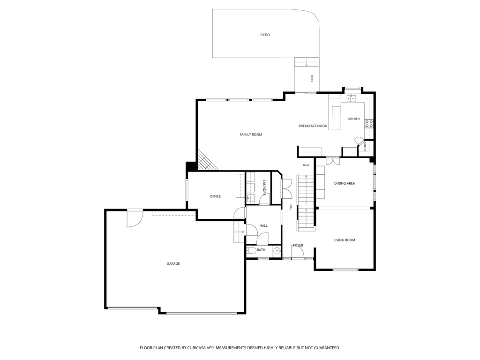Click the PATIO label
point(265,35)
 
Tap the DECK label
point(312,79)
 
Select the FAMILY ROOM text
point(251,135)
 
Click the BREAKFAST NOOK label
point(313,126)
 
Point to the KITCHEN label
point(354,119)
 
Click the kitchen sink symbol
point(351,98)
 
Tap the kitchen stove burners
point(369,123)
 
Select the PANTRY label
point(365,146)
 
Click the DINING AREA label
point(345,183)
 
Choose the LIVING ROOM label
point(344,240)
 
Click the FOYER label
point(298,245)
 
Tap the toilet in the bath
point(251,250)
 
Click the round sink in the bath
point(277,251)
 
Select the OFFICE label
point(215,196)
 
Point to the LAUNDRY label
point(264,187)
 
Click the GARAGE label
point(173,263)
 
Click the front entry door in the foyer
point(297,252)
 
